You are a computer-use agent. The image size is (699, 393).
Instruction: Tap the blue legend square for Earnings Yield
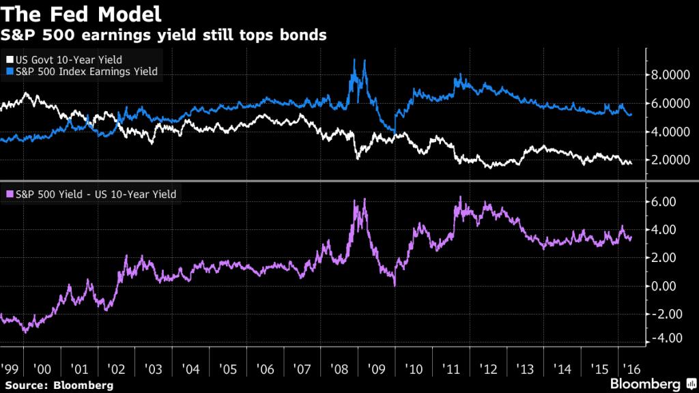pos(8,71)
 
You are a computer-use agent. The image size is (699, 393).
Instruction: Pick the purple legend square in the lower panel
pos(8,194)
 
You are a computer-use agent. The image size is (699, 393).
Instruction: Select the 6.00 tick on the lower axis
pos(665,202)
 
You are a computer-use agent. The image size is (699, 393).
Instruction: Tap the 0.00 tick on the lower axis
pos(665,286)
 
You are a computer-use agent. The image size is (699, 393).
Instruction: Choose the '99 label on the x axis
pos(10,369)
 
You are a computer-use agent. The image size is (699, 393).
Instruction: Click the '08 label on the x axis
pos(339,369)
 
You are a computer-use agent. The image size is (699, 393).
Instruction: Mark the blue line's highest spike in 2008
pos(354,59)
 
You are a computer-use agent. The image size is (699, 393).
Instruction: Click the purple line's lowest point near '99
pos(25,332)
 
